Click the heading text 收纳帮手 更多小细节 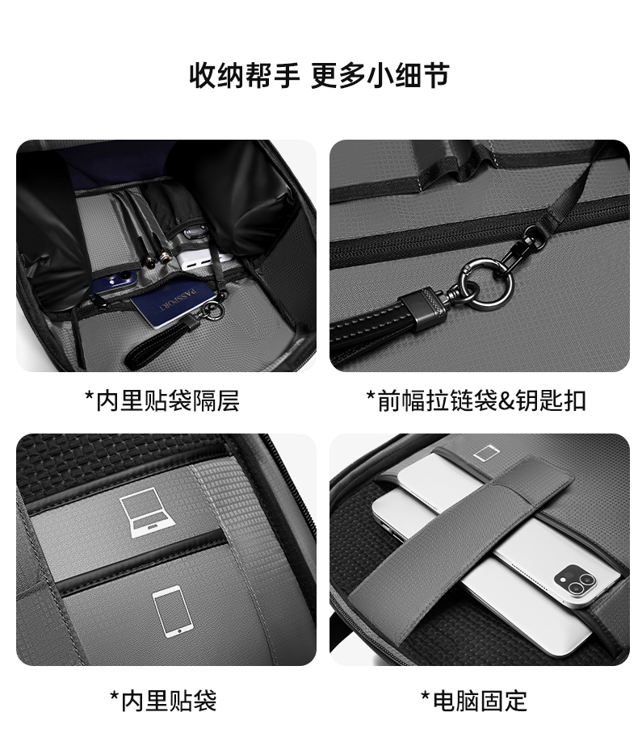click(x=319, y=75)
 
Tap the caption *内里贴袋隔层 click(x=162, y=400)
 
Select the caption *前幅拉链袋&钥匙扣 click(x=476, y=400)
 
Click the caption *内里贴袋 click(x=164, y=701)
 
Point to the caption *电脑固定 click(x=474, y=701)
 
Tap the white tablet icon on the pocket click(x=174, y=612)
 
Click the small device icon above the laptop click(x=487, y=454)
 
